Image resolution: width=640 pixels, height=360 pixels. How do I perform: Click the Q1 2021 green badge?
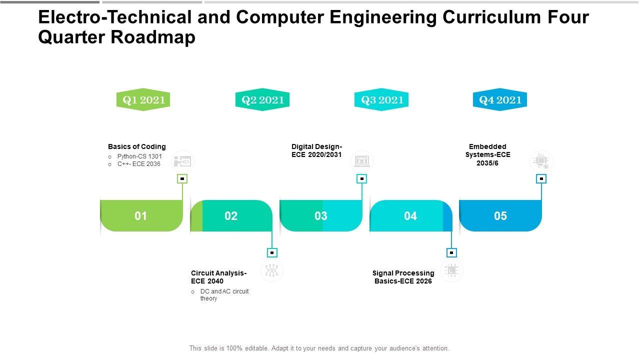click(x=143, y=100)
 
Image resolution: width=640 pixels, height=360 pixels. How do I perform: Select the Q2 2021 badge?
click(x=262, y=100)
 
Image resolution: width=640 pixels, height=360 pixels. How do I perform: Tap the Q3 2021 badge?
click(x=381, y=100)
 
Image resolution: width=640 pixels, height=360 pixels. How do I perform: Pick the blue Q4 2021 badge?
click(x=500, y=100)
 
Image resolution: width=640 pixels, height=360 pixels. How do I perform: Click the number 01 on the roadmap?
click(x=141, y=216)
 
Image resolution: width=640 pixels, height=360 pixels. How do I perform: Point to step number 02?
click(x=231, y=216)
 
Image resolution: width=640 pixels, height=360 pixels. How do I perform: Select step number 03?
click(x=321, y=216)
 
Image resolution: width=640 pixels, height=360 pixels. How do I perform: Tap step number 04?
click(x=410, y=216)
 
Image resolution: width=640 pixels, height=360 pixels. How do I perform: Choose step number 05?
click(x=500, y=216)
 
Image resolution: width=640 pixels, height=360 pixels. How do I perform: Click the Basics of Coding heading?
click(x=136, y=146)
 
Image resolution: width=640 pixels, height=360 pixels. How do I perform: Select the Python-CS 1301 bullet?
click(x=139, y=156)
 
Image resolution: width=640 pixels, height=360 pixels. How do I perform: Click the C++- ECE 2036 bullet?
click(x=139, y=164)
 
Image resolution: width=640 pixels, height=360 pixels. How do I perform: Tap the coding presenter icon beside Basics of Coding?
click(x=182, y=161)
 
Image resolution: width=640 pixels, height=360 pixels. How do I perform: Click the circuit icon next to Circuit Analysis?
click(x=272, y=270)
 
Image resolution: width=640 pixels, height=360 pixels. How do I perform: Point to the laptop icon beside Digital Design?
click(x=362, y=161)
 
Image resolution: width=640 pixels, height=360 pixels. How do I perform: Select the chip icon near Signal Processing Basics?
click(x=451, y=270)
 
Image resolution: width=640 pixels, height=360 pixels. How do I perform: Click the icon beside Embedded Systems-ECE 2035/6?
click(x=541, y=161)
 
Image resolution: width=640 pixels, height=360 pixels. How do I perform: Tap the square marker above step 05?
click(x=541, y=178)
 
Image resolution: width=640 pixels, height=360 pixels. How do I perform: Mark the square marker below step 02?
click(x=272, y=252)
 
